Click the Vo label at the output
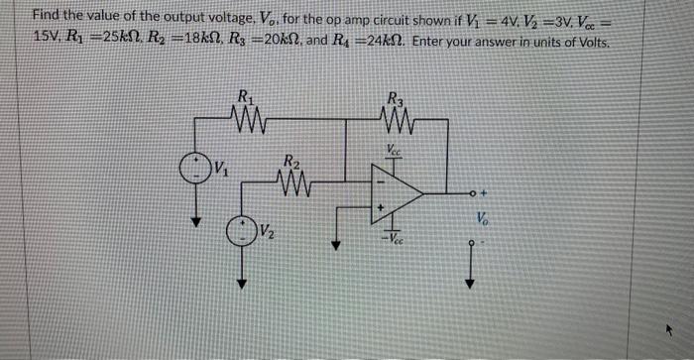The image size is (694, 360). point(483,216)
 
